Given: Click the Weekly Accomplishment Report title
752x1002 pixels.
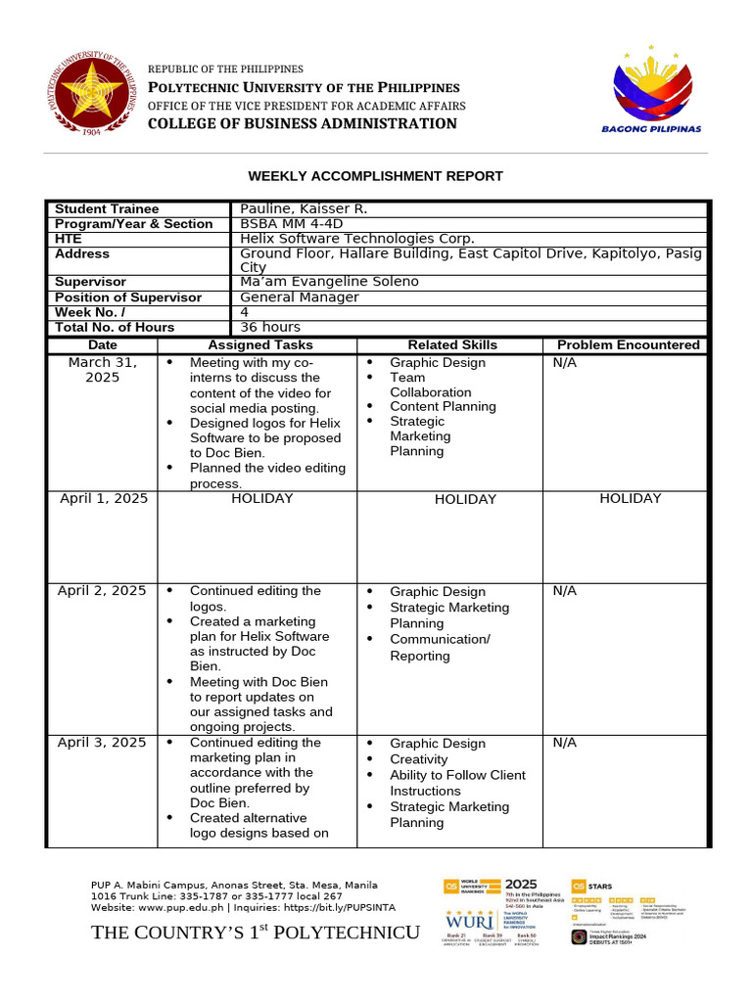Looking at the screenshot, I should (375, 176).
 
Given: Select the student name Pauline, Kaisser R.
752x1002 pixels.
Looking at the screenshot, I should (305, 208).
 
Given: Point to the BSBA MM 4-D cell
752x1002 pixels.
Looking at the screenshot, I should (287, 224).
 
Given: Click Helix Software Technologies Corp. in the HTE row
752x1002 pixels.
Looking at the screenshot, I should (356, 239).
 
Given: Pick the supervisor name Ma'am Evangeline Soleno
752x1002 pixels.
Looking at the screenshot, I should (329, 282).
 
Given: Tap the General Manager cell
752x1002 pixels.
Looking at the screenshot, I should (300, 297).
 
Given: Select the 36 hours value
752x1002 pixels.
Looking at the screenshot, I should (270, 327).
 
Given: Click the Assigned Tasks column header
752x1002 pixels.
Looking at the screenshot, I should (260, 344).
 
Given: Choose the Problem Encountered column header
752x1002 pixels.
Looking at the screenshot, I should (628, 344).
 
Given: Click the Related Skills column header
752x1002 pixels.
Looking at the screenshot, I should (452, 344).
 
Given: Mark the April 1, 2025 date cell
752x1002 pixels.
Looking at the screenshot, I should (103, 498).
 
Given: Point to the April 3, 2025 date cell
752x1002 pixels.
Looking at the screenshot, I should (103, 743).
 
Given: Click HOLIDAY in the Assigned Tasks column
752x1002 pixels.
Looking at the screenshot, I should (261, 498).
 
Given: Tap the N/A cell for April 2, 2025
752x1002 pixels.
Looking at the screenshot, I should (565, 591).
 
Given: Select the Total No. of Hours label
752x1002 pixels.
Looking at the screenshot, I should (115, 327).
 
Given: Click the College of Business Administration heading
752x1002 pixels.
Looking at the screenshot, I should (302, 123).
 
